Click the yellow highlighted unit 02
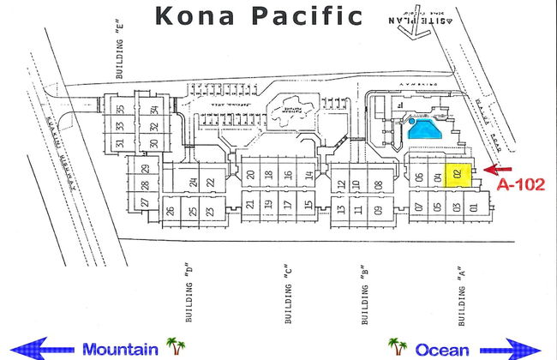tap(459, 176)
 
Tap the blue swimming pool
tap(424, 131)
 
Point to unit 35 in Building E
tap(121, 109)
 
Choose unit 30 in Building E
tap(154, 142)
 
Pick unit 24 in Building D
tap(195, 182)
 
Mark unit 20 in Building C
tap(250, 175)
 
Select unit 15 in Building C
tap(308, 204)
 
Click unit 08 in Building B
tap(378, 183)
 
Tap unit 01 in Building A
tap(471, 206)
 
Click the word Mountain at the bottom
tap(120, 349)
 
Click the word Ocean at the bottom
tap(442, 349)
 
